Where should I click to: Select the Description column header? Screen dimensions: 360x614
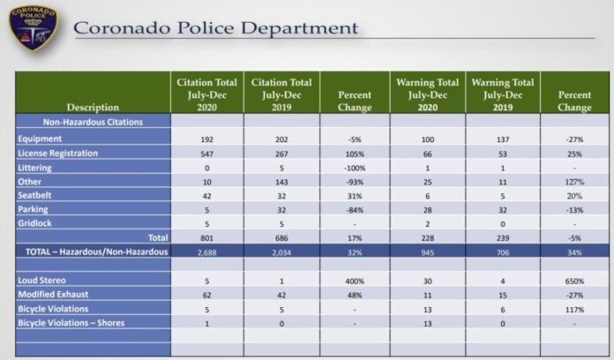tap(92, 108)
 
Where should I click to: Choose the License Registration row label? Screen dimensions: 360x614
tap(58, 154)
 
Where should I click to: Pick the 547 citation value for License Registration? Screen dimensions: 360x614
tap(208, 154)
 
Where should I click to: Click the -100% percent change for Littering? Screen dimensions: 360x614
tap(354, 168)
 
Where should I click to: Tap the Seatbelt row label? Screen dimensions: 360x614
tap(36, 196)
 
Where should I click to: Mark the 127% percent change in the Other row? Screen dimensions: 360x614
tap(574, 182)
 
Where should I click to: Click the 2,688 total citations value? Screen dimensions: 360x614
tap(208, 251)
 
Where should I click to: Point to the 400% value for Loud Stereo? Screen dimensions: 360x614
tap(354, 281)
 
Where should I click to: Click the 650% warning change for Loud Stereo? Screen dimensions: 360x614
tap(574, 281)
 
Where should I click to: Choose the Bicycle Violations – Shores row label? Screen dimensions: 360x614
tap(71, 323)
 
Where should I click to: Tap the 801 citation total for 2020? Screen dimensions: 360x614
tap(208, 237)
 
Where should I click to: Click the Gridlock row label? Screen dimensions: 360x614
tap(36, 223)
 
